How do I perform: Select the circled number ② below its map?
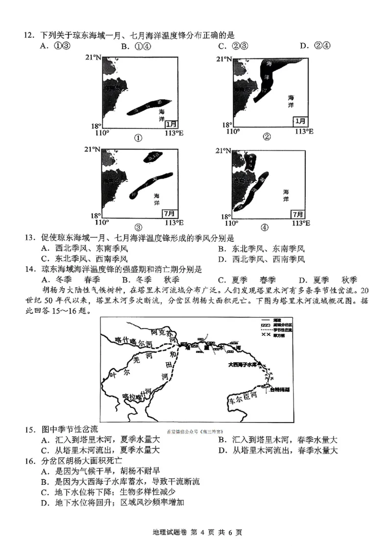[267, 137]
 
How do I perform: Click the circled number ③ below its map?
[138, 227]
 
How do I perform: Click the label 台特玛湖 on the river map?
[279, 389]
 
